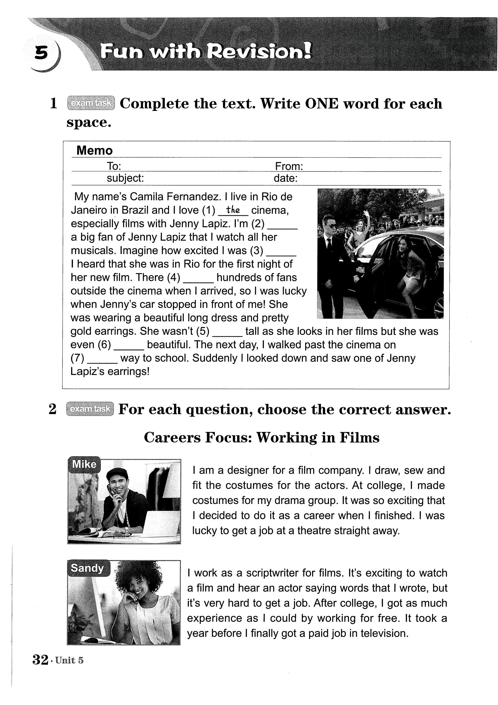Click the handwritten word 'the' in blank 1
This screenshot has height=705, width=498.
pos(233,210)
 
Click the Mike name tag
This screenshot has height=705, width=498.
pos(84,464)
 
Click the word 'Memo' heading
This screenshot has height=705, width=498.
pos(95,150)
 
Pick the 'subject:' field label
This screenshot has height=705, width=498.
pos(125,178)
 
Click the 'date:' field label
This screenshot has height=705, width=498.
pos(286,178)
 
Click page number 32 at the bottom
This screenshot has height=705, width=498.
pos(40,660)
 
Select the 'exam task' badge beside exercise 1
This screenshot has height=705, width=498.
pos(91,103)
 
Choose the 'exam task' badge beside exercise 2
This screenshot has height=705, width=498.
pos(90,409)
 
